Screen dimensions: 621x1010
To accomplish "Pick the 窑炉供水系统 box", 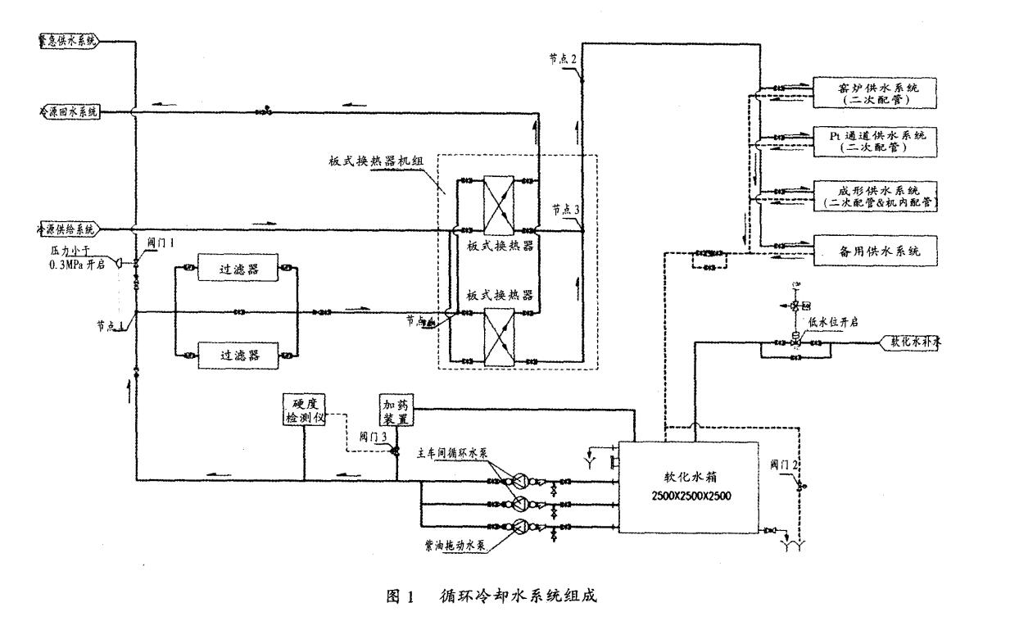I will point(874,92).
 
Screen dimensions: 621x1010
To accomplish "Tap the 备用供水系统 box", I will point(874,252).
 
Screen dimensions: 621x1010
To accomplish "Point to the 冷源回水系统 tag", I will point(69,111).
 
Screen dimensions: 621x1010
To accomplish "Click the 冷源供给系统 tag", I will point(69,229).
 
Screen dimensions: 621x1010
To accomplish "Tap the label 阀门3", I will point(373,437).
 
